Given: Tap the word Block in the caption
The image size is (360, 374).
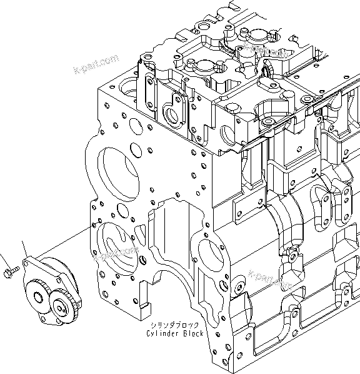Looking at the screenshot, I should click(x=193, y=335).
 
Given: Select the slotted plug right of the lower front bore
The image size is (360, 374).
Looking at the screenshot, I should click(x=144, y=258).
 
